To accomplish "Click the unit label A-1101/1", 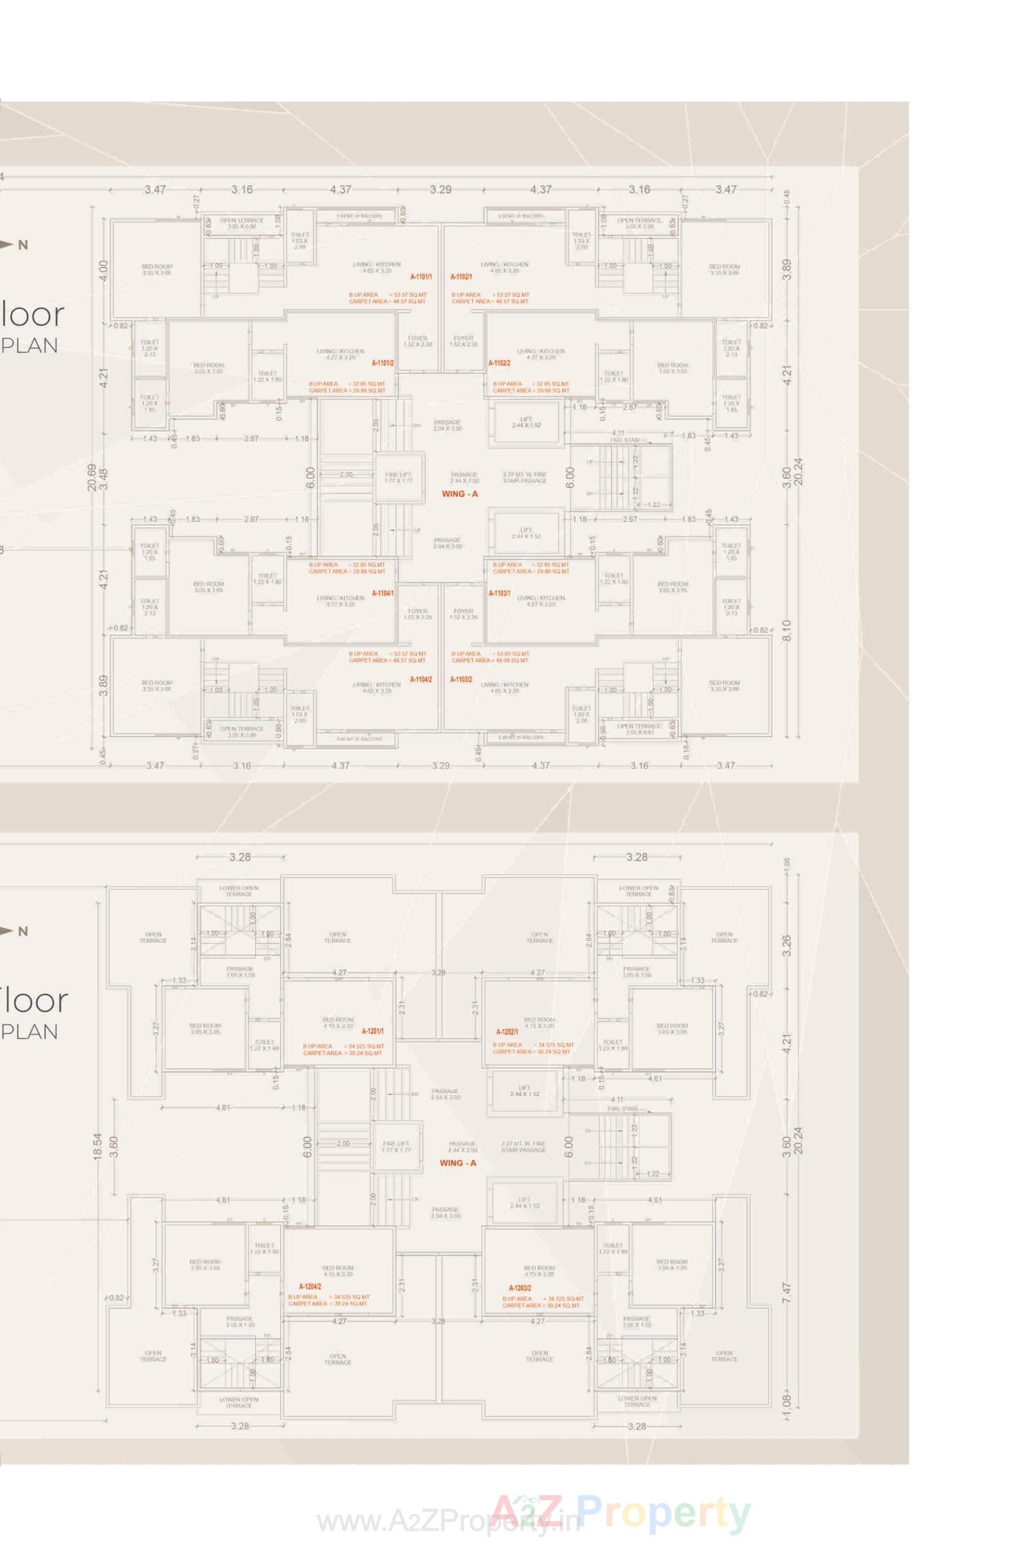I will pyautogui.click(x=420, y=277).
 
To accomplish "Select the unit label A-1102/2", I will pyautogui.click(x=499, y=362).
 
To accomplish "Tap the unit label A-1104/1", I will pyautogui.click(x=383, y=593).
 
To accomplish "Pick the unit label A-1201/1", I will pyautogui.click(x=373, y=1032).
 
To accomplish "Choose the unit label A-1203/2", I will pyautogui.click(x=520, y=1288).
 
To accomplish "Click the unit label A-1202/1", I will pyautogui.click(x=507, y=1032).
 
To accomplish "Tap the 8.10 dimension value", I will pyautogui.click(x=787, y=630).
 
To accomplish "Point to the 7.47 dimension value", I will pyautogui.click(x=787, y=1292).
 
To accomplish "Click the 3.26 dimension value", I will pyautogui.click(x=787, y=944).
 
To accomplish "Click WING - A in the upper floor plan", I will pyautogui.click(x=459, y=494).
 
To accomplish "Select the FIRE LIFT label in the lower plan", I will pyautogui.click(x=396, y=1147).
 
